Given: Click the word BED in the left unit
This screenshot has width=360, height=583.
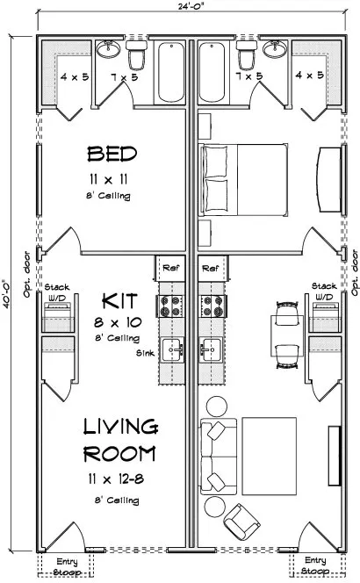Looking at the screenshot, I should pos(112,155).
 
